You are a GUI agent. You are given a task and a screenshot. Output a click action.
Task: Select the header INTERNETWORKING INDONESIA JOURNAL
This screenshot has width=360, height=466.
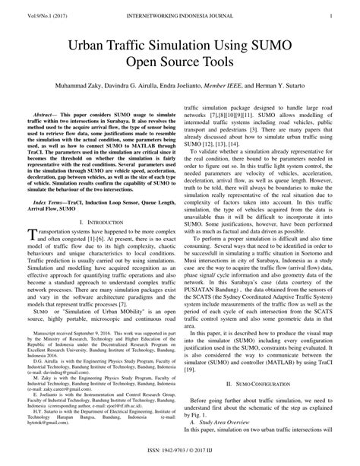180,13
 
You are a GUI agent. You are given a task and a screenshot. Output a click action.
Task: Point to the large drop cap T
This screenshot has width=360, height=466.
31,236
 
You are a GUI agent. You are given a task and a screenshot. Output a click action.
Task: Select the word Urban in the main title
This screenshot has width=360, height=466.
95,47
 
